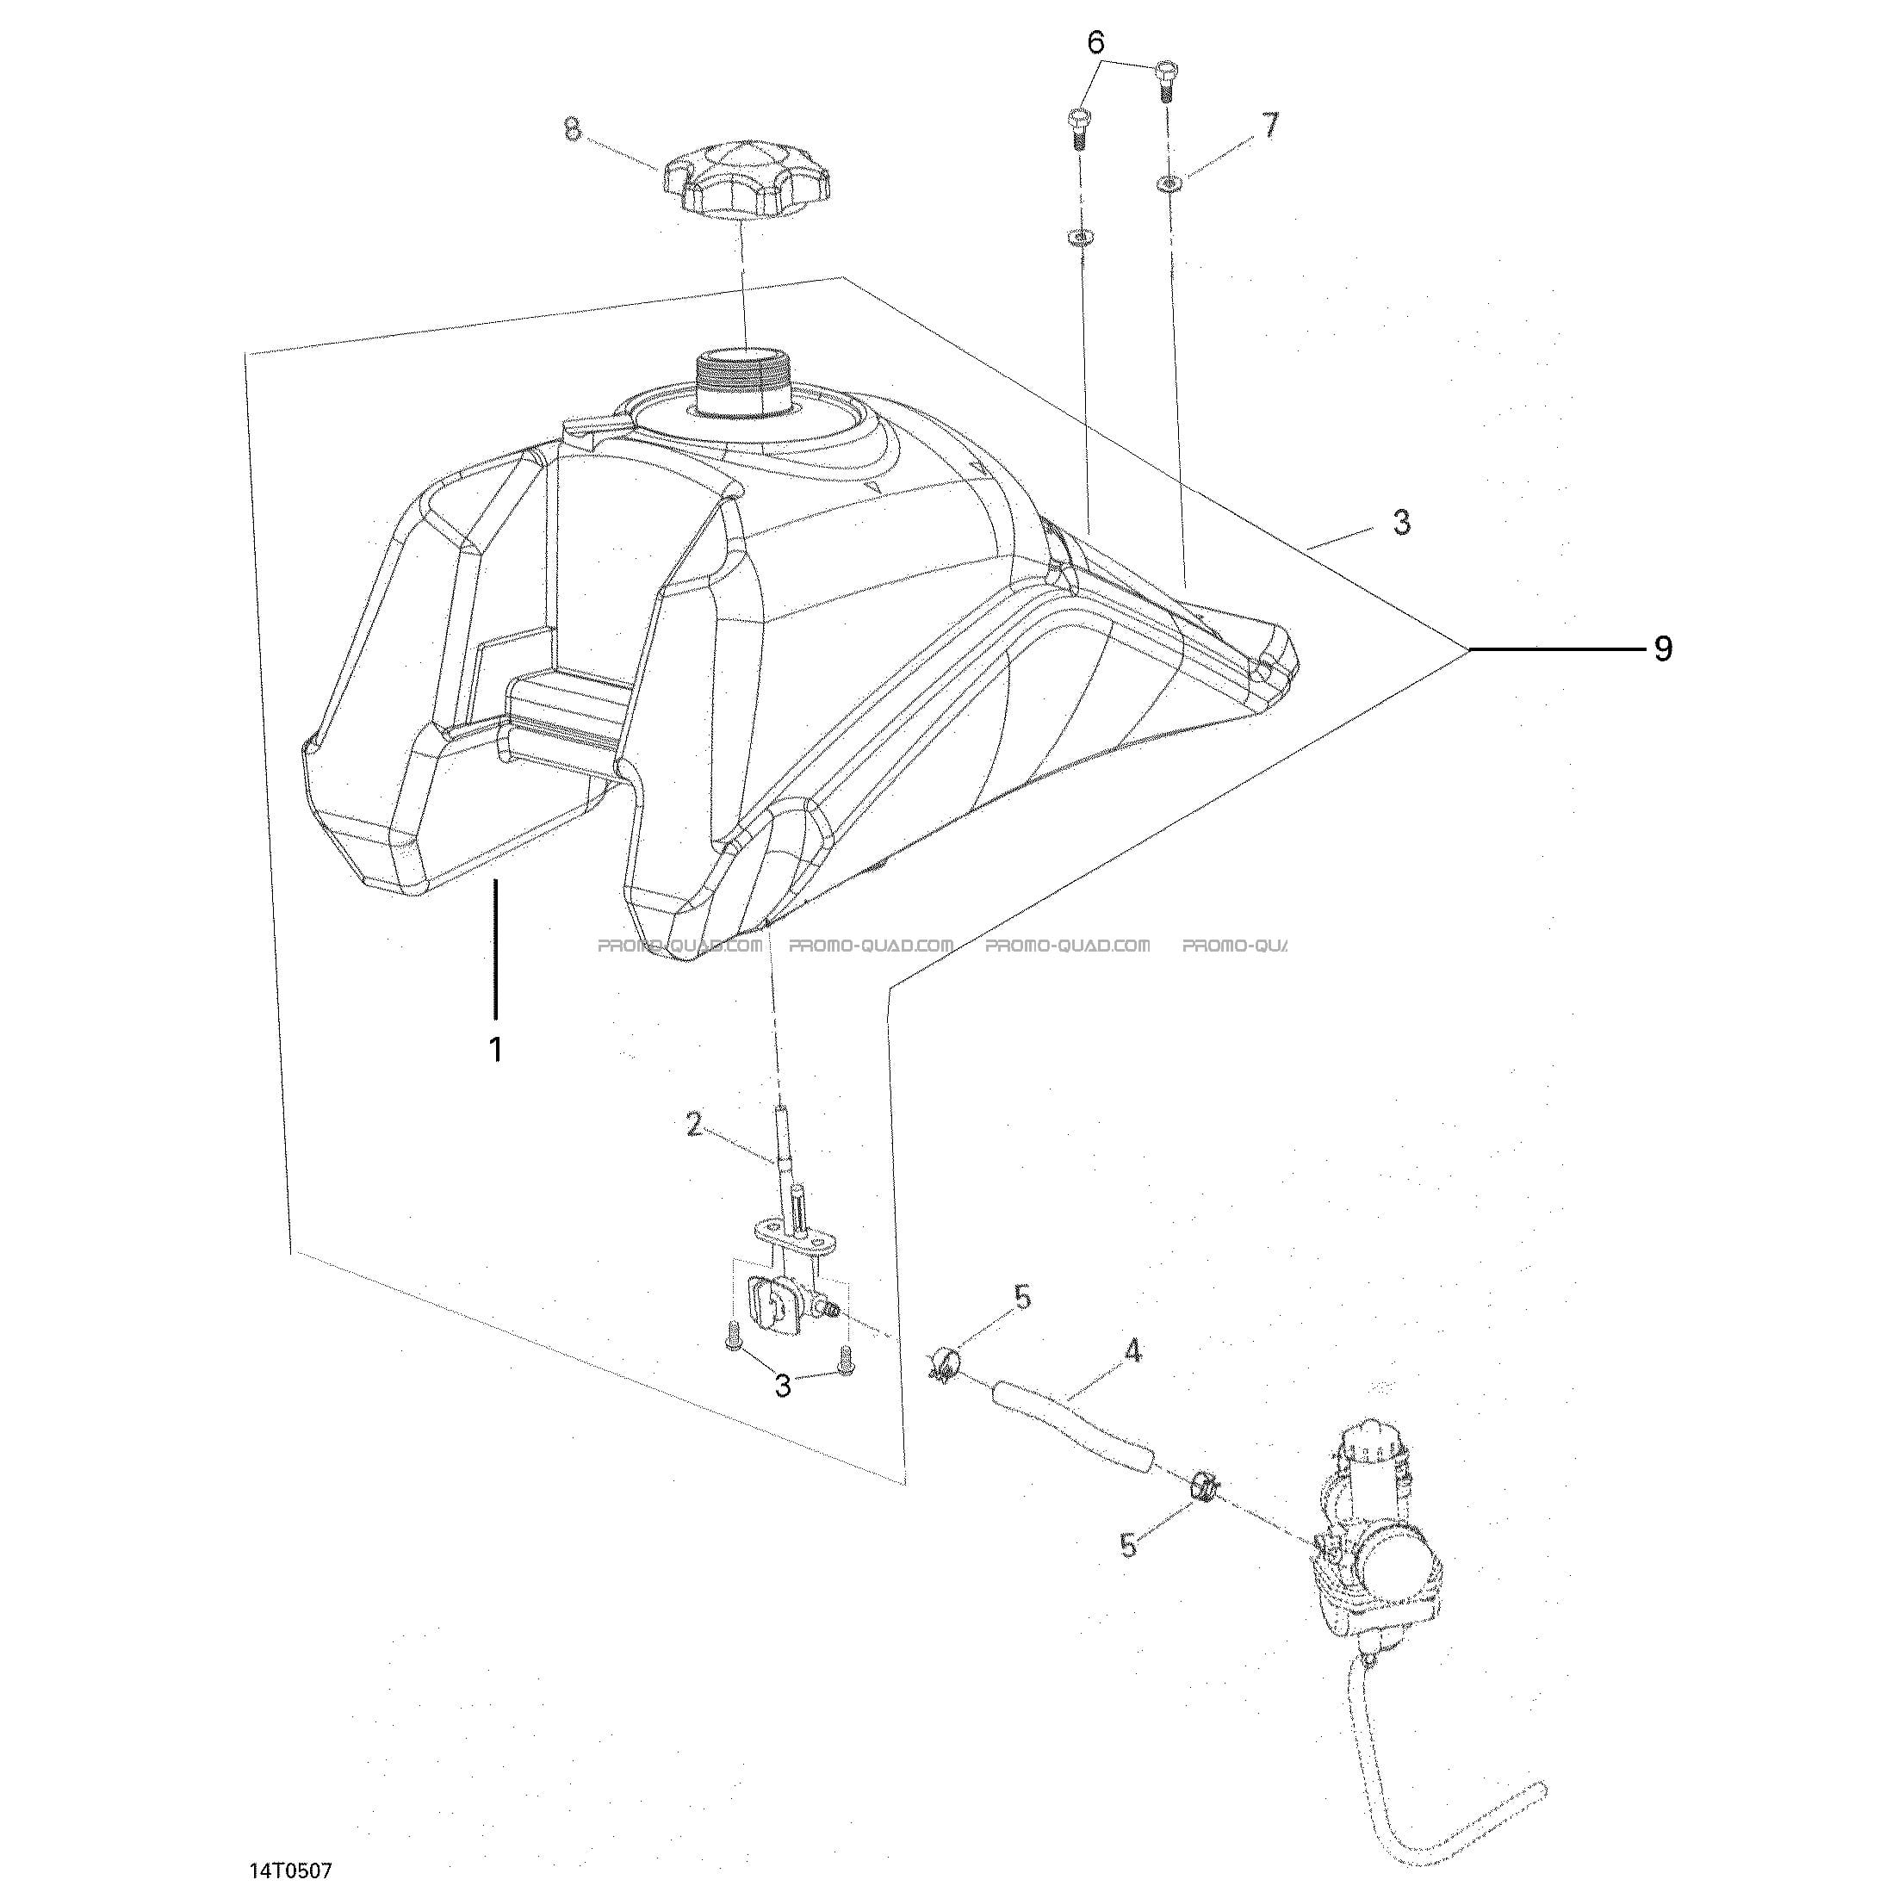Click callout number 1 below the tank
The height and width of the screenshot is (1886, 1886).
click(x=496, y=1050)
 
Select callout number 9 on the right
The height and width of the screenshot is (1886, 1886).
click(x=1664, y=649)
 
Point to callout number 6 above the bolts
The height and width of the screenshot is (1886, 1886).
click(x=1096, y=43)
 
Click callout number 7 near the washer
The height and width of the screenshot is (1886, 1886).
click(x=1269, y=126)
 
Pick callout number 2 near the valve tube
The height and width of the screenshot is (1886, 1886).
click(x=694, y=1126)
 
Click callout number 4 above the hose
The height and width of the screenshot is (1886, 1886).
click(x=1133, y=1351)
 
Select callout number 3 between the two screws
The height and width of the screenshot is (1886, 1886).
click(x=783, y=1387)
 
